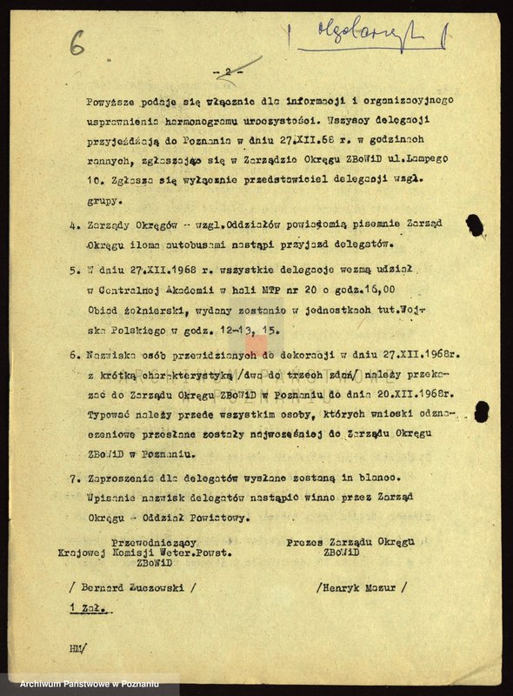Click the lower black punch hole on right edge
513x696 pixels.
point(481,412)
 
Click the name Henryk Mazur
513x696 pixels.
point(362,587)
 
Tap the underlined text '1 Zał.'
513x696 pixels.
point(88,609)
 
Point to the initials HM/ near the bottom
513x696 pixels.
point(78,648)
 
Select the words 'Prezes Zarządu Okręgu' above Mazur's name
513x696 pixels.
point(350,541)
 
